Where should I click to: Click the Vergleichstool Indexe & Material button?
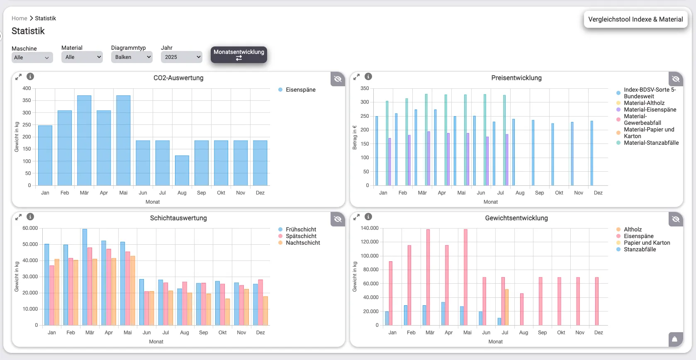click(635, 19)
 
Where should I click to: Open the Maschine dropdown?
click(32, 58)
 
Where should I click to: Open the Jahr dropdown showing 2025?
click(181, 57)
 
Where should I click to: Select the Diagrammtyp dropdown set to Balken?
click(131, 57)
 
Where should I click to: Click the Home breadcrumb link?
click(19, 18)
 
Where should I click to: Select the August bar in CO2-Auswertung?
click(182, 170)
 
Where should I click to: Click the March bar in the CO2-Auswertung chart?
click(84, 140)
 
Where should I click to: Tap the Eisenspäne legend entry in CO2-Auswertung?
click(300, 90)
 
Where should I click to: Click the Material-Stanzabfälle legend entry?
click(651, 143)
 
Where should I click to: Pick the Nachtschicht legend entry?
click(302, 243)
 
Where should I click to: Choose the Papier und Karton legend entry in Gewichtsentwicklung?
click(647, 243)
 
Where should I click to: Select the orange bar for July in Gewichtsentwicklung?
click(507, 307)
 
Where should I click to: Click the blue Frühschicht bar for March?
click(85, 277)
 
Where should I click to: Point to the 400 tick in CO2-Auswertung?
click(27, 88)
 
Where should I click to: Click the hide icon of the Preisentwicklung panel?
click(676, 79)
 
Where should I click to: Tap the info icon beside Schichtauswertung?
click(30, 216)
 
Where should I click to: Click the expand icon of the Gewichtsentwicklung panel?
click(356, 217)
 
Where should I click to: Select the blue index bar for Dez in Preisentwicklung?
click(592, 153)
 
